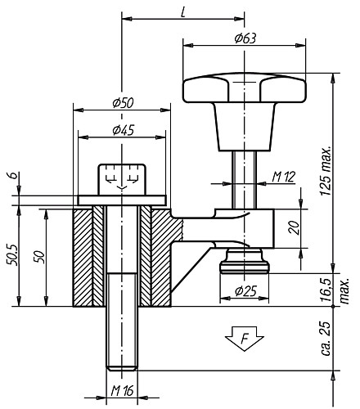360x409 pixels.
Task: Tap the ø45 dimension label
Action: tap(123, 129)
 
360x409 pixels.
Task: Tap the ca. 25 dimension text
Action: tap(326, 337)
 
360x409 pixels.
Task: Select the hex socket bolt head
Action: tap(122, 177)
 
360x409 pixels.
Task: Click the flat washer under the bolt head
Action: tap(122, 200)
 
